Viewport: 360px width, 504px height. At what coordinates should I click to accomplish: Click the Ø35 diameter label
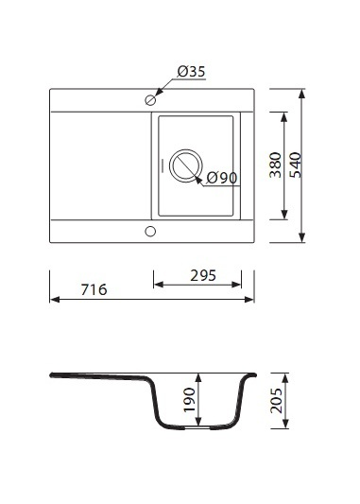(191, 71)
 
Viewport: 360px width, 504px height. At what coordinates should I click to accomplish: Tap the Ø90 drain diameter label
(222, 178)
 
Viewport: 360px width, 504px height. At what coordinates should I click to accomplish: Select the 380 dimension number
(276, 165)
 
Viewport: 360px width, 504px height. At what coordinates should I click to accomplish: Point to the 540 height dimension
(296, 165)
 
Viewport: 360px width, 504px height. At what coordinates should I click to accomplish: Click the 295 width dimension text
(203, 276)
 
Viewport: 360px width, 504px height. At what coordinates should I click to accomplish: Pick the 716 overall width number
(94, 289)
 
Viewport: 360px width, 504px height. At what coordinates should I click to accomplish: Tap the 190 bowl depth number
(189, 400)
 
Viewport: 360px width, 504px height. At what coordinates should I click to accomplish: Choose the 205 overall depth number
(276, 400)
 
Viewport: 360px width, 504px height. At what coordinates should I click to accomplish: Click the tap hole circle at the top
(150, 100)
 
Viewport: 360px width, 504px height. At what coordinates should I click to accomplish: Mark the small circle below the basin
(150, 231)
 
